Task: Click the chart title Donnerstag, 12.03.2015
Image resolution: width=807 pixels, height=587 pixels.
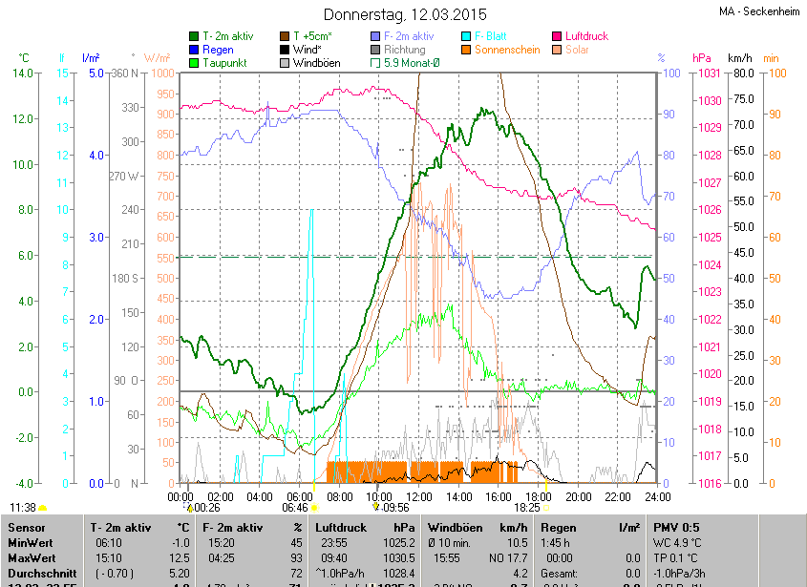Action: click(x=404, y=14)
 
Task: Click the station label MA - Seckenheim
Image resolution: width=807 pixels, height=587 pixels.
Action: click(x=760, y=12)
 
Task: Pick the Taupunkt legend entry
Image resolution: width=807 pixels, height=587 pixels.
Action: click(x=225, y=63)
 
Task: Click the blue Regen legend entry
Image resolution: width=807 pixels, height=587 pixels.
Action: click(x=218, y=50)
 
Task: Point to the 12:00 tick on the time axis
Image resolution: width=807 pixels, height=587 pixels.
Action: click(x=419, y=497)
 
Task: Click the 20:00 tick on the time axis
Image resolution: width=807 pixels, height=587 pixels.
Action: click(x=579, y=497)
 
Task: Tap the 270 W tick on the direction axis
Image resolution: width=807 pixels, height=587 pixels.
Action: click(x=124, y=176)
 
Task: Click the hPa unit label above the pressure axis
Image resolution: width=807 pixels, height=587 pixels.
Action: click(x=702, y=57)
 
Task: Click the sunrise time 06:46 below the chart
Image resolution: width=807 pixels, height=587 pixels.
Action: click(x=294, y=509)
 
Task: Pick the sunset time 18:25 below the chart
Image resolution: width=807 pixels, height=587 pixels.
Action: click(x=526, y=509)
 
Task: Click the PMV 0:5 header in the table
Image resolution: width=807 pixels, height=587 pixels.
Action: click(x=675, y=527)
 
